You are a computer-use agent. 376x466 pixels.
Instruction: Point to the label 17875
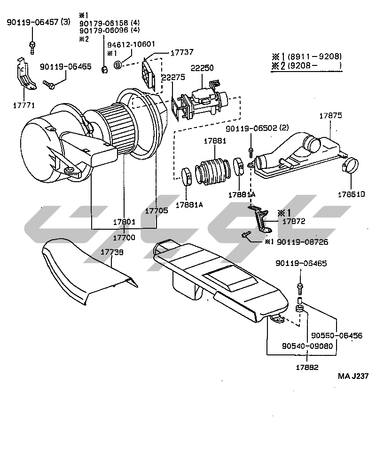(x=331, y=115)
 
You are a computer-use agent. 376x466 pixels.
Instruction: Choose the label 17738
(x=112, y=253)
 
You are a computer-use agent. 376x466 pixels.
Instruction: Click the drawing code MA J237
(x=353, y=376)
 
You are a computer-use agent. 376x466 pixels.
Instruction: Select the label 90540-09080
(x=307, y=345)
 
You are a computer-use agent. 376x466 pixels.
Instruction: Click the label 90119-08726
(x=302, y=242)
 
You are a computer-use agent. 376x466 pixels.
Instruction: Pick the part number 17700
(x=124, y=238)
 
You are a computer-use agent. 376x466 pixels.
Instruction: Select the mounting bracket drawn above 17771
(x=24, y=75)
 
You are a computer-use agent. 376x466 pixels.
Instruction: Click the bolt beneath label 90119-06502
(x=251, y=151)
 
